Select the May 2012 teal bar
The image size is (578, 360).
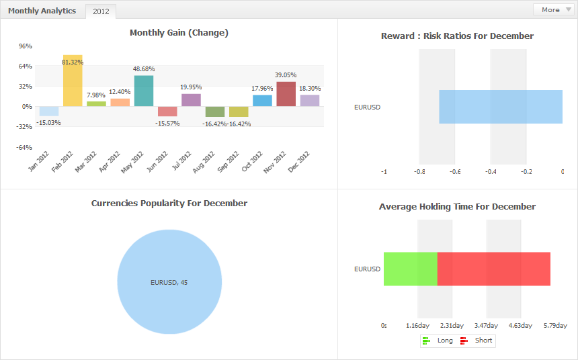click(144, 91)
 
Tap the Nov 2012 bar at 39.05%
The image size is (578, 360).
click(286, 94)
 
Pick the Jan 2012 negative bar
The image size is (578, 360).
click(49, 111)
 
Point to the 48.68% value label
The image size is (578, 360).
click(144, 69)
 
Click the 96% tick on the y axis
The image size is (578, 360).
click(26, 46)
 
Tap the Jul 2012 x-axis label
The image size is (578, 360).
click(180, 162)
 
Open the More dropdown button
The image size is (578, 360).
click(552, 9)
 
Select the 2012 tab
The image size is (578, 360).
click(101, 11)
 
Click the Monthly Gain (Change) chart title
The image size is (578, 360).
click(179, 33)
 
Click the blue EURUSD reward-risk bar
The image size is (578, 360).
click(501, 107)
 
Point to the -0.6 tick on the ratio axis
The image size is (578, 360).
click(454, 172)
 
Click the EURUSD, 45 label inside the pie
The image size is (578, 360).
click(169, 282)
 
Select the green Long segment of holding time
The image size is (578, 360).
click(411, 269)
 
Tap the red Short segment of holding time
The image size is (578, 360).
click(494, 269)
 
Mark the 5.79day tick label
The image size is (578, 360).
click(555, 326)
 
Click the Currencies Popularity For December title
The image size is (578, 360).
click(169, 204)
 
